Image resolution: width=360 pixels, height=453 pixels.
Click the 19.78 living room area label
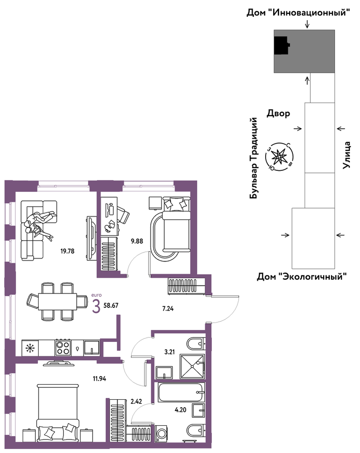pos(67,251)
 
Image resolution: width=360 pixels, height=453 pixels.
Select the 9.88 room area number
pos(137,241)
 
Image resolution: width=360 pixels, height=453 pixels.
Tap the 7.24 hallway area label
pos(168,309)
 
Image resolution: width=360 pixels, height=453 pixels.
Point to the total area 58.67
pos(111,305)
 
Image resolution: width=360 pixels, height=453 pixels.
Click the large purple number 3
pos(96,306)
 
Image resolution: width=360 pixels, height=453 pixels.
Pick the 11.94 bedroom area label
pos(99,378)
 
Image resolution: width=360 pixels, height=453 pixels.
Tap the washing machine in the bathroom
pos(161,433)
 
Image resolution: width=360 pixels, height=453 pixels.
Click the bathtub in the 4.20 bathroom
pos(181,392)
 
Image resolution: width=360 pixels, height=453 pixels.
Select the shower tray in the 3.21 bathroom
pos(192,366)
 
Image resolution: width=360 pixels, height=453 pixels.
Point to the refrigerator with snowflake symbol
pos(30,348)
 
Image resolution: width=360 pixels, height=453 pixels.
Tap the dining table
pos(57,301)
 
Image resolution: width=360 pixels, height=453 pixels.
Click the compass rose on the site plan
pos(279,157)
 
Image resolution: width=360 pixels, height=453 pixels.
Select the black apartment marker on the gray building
pos(282,45)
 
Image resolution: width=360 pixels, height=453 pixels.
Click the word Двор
pos(278,113)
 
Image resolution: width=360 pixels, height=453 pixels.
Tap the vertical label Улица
pos(346,155)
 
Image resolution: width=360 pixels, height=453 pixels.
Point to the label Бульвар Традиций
pos(253,158)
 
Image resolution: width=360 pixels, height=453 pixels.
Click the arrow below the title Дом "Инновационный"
pos(308,24)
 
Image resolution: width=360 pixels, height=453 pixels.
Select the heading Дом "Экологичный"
pos(302,277)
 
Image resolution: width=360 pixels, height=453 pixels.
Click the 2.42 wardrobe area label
pos(136,401)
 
